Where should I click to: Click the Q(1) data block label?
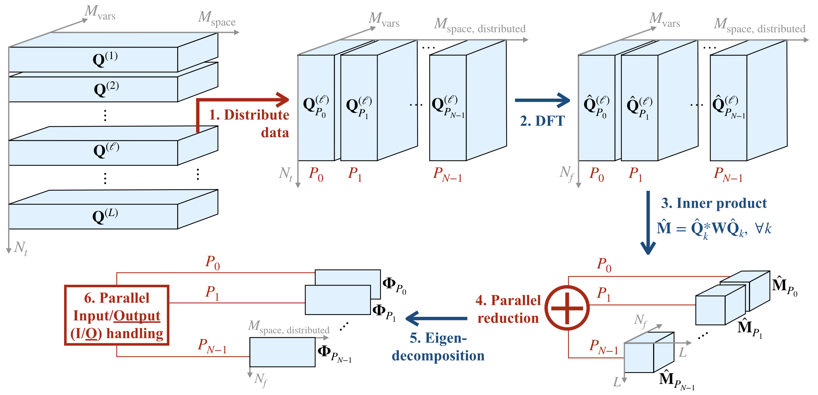pos(105,59)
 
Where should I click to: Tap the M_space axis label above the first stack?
pos(216,18)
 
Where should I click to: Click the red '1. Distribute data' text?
pos(249,124)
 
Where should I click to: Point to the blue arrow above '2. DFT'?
pos(542,100)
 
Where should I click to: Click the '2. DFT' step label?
pos(542,121)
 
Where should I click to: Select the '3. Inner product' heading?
pos(714,203)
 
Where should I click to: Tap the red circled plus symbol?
pos(567,308)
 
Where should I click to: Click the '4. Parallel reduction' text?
pos(508,309)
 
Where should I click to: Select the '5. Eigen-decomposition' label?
pos(438,347)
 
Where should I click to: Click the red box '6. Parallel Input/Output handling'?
pos(117,315)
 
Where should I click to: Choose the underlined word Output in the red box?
pos(137,316)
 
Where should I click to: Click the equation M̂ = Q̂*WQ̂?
pos(714,228)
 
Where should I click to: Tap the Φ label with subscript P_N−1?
pos(334,353)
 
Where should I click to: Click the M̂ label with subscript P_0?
pos(784,287)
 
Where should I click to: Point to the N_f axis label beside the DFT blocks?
pos(567,173)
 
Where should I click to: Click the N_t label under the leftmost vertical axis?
pos(20,248)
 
